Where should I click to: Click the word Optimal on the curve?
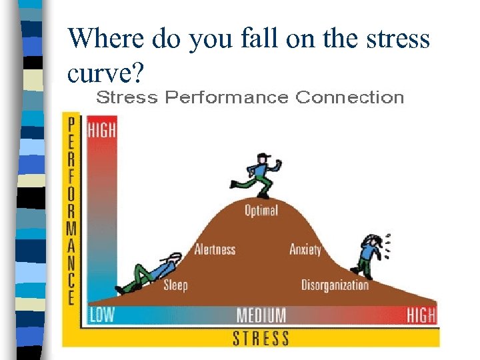[261, 211]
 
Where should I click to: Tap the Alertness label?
[215, 249]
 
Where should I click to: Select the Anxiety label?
[305, 249]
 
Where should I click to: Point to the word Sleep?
[176, 285]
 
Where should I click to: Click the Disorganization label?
[335, 285]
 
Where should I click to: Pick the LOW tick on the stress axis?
[102, 315]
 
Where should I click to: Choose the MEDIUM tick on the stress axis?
[261, 315]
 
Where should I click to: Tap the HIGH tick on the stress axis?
[421, 315]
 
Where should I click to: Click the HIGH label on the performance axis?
[102, 129]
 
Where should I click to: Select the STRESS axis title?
[261, 337]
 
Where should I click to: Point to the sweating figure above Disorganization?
[368, 255]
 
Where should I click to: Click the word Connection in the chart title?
[349, 98]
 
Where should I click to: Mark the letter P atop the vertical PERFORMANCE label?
[71, 124]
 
